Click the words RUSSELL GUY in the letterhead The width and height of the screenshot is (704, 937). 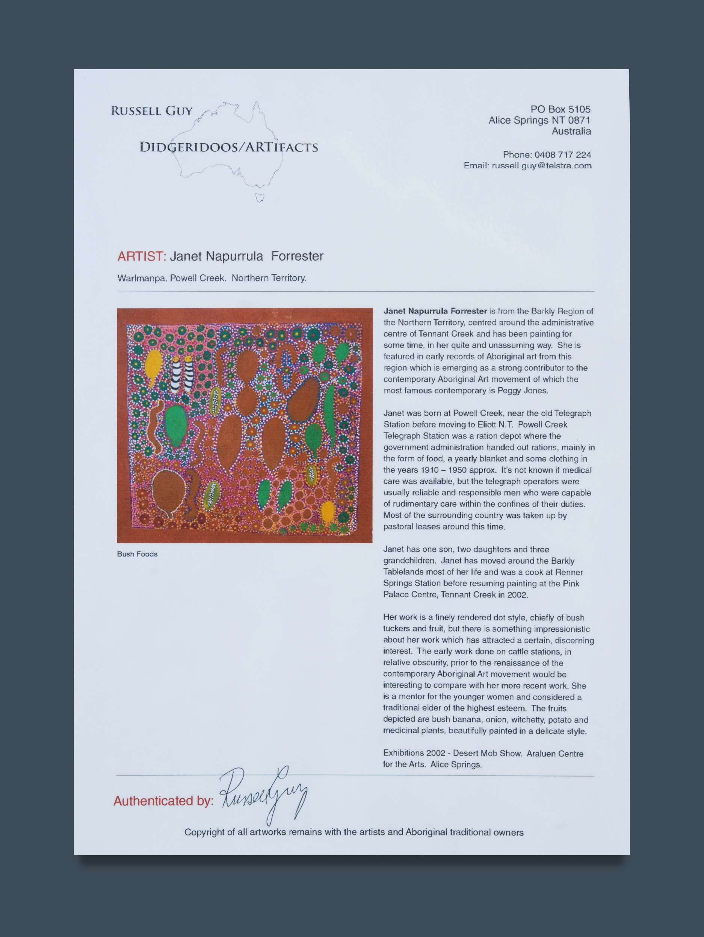pos(151,111)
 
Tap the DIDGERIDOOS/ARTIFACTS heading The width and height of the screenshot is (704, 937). pos(229,147)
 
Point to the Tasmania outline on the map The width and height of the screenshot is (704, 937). pos(260,197)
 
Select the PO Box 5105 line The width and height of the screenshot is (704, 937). pos(560,109)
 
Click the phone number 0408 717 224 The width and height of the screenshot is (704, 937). pos(563,155)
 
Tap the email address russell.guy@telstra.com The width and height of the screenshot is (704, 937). pos(541,165)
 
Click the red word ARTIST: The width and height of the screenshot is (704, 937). pos(141,256)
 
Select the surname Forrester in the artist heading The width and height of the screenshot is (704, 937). pos(297,256)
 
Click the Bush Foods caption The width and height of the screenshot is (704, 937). pos(137,554)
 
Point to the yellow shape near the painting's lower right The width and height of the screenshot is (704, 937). pos(328,511)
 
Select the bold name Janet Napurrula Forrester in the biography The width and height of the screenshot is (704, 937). pos(435,311)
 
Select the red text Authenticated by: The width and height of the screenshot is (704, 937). pos(163,801)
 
